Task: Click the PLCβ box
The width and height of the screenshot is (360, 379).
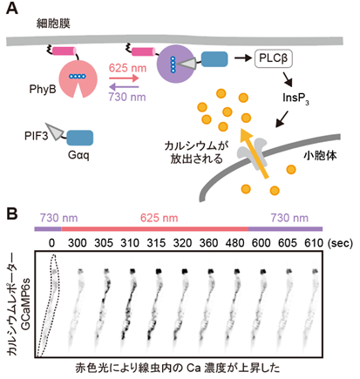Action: tap(274, 58)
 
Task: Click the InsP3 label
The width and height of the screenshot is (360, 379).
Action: tap(295, 98)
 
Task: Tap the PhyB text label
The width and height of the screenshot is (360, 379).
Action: tap(43, 89)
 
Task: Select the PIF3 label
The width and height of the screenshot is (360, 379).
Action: tap(36, 135)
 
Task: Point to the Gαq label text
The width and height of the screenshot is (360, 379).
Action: tap(78, 155)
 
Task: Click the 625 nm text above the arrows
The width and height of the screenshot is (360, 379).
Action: tap(127, 68)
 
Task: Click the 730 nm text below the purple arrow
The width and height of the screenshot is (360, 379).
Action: tap(127, 97)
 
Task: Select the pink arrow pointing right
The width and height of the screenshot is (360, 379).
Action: tap(124, 78)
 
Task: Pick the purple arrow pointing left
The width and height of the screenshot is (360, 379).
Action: tap(124, 86)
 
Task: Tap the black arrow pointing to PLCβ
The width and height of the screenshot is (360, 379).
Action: tap(243, 58)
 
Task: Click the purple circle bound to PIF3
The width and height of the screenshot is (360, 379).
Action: tap(175, 64)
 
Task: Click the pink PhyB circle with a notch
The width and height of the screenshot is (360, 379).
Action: tap(78, 78)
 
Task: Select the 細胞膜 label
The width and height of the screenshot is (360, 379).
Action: tap(53, 24)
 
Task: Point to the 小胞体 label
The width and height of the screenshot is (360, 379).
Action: tap(321, 156)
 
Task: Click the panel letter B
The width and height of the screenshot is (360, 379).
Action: tap(12, 213)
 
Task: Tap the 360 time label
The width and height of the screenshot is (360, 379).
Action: tap(208, 243)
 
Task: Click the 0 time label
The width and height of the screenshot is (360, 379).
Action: tap(51, 243)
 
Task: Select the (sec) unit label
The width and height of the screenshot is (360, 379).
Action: tap(340, 243)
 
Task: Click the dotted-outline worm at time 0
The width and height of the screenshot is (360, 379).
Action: tap(49, 305)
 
